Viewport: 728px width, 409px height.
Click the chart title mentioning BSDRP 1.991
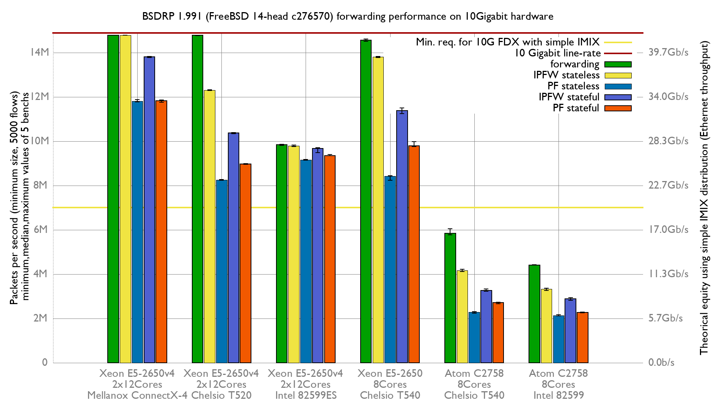[x=348, y=16]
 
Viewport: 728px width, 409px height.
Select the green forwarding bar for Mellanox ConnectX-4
[x=113, y=199]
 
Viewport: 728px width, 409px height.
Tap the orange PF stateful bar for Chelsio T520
[x=245, y=263]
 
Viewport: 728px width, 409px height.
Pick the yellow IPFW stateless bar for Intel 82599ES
[x=293, y=254]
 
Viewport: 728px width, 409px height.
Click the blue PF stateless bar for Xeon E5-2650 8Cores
[x=390, y=269]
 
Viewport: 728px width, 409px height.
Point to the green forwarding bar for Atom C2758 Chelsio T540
[x=450, y=298]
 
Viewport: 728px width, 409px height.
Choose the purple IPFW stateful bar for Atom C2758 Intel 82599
[x=570, y=331]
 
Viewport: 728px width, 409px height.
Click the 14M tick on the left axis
[x=39, y=52]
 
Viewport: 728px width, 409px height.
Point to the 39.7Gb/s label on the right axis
[x=668, y=52]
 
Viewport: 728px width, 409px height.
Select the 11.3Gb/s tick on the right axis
[x=668, y=274]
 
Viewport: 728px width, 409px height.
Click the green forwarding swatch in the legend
[x=618, y=64]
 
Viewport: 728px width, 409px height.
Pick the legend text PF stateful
[x=576, y=108]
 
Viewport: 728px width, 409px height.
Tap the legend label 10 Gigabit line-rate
[x=557, y=53]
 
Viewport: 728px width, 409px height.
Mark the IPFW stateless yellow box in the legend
[x=618, y=75]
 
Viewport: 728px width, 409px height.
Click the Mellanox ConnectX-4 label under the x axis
[x=137, y=395]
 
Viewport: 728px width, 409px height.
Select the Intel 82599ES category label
[x=306, y=395]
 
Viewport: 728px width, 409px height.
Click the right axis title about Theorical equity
[x=704, y=198]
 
